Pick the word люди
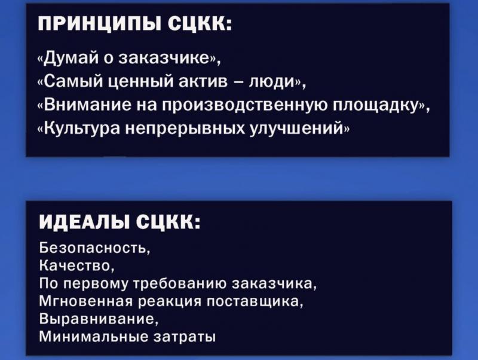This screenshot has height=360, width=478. click(x=273, y=83)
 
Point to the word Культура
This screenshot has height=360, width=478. click(x=82, y=129)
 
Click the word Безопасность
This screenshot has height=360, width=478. click(x=93, y=248)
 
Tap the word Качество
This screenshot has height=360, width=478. click(x=75, y=266)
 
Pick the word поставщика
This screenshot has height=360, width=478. click(x=253, y=302)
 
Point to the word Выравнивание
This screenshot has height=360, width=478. click(x=97, y=319)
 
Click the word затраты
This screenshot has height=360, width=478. click(x=184, y=337)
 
